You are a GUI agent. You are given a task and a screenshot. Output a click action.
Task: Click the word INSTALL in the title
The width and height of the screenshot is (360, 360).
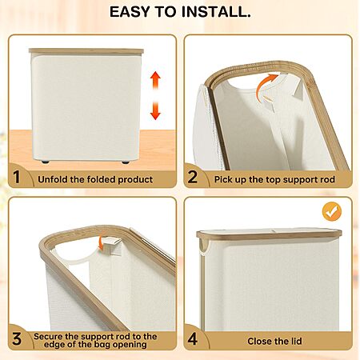pyautogui.click(x=216, y=12)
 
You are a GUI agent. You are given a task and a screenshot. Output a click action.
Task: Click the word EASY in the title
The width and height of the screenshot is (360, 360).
pyautogui.click(x=130, y=12)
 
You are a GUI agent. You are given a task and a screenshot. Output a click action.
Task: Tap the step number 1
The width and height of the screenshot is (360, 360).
pyautogui.click(x=17, y=177)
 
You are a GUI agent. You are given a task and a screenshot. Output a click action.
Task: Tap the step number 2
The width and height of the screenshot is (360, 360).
pyautogui.click(x=193, y=177)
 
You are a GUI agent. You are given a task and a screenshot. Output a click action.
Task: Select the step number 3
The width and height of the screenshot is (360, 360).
pyautogui.click(x=17, y=339)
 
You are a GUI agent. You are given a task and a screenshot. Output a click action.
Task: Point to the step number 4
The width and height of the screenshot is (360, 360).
pyautogui.click(x=193, y=339)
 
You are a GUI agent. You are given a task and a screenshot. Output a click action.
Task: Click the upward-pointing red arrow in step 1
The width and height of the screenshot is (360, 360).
pyautogui.click(x=155, y=80)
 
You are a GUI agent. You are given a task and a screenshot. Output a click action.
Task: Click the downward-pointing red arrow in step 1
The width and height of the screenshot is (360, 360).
pyautogui.click(x=155, y=110)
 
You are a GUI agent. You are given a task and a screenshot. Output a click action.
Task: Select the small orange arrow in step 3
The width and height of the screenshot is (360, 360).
pyautogui.click(x=101, y=242)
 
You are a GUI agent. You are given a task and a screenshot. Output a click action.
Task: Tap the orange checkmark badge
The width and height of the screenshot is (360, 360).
pyautogui.click(x=332, y=212)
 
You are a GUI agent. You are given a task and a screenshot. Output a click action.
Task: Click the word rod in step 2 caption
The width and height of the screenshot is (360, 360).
pyautogui.click(x=328, y=179)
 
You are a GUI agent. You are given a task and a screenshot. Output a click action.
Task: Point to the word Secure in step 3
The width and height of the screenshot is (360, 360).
pyautogui.click(x=48, y=336)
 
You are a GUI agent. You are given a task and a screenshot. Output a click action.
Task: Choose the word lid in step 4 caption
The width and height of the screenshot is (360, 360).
pyautogui.click(x=296, y=341)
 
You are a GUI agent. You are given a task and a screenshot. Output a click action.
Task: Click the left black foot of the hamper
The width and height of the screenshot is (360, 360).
pyautogui.click(x=45, y=162)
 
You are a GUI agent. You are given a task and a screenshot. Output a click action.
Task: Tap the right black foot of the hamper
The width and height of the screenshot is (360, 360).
pyautogui.click(x=126, y=162)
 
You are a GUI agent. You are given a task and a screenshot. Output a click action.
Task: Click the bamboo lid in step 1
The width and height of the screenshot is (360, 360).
pyautogui.click(x=86, y=51)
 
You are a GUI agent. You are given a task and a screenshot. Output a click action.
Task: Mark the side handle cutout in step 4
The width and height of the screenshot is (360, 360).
pyautogui.click(x=204, y=246)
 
